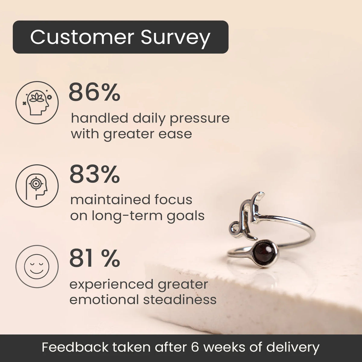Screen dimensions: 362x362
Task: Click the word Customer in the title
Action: click(x=82, y=37)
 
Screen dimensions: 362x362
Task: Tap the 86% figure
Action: click(x=94, y=92)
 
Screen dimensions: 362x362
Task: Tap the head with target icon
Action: click(x=37, y=186)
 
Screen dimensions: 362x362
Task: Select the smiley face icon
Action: click(x=37, y=267)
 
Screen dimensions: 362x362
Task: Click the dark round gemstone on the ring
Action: click(x=264, y=251)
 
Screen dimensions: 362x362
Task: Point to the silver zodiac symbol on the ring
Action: click(x=246, y=217)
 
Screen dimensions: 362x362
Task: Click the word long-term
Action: click(x=127, y=216)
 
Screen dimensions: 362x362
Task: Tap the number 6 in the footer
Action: click(x=196, y=347)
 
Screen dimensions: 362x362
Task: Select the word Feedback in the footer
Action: click(x=75, y=347)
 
